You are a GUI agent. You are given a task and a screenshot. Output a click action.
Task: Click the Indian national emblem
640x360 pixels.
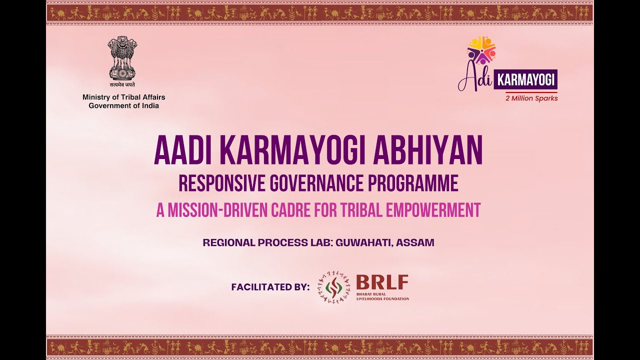(122, 58)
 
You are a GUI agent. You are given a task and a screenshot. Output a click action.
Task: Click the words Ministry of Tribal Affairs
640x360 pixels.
(123, 97)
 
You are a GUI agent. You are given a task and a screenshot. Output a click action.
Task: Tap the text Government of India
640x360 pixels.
(123, 105)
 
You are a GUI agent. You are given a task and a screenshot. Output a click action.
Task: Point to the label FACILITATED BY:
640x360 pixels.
(270, 287)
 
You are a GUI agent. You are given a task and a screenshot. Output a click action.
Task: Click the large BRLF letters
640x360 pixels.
(382, 282)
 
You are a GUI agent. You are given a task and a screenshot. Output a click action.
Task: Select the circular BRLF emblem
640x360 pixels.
(333, 287)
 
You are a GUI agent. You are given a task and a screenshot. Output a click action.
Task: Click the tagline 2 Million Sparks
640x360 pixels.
(531, 98)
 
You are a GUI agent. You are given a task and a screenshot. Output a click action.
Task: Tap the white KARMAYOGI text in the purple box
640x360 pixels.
(525, 80)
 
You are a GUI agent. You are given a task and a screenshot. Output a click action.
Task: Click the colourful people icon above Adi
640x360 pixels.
(481, 50)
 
